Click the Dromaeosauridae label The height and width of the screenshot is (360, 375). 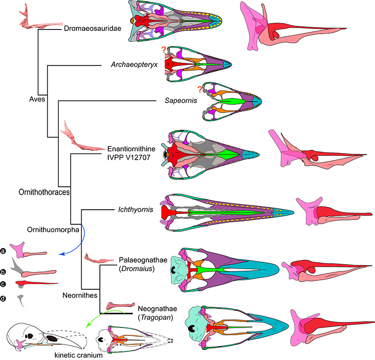pos(92,29)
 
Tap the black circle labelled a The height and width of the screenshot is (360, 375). pos(4,251)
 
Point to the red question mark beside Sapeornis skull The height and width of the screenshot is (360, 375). pos(201,88)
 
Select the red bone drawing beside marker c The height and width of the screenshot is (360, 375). pos(37,284)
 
